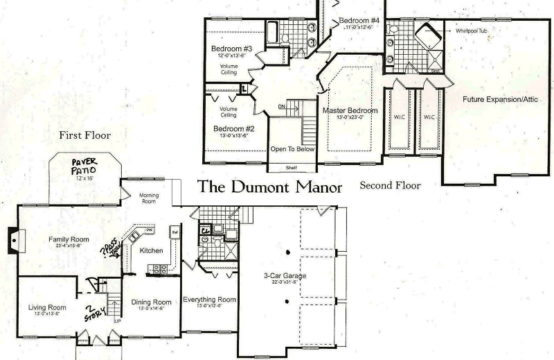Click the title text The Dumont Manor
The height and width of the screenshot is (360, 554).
pyautogui.click(x=269, y=186)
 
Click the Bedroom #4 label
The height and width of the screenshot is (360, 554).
pyautogui.click(x=359, y=21)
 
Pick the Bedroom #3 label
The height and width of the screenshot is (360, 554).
pyautogui.click(x=231, y=48)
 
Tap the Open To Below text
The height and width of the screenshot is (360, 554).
pyautogui.click(x=291, y=149)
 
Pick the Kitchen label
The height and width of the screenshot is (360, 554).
pyautogui.click(x=151, y=250)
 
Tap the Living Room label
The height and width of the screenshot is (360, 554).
pyautogui.click(x=46, y=307)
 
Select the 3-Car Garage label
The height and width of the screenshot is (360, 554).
pyautogui.click(x=284, y=275)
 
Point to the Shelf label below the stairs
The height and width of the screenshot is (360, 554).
pyautogui.click(x=291, y=167)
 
